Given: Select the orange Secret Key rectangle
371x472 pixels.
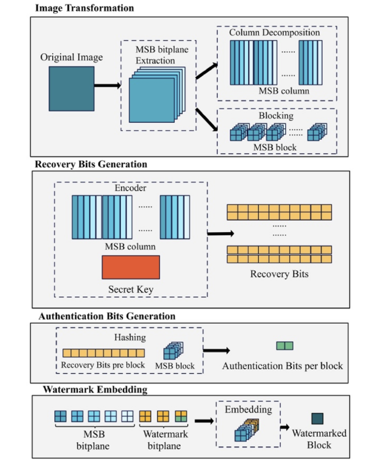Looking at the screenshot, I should [x=130, y=268].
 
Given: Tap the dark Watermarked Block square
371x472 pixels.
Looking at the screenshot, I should [x=317, y=419].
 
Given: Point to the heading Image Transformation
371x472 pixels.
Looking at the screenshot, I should [x=85, y=8].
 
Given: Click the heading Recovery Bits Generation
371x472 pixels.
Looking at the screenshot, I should [x=91, y=165].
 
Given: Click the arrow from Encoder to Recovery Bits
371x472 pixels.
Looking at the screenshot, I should [x=220, y=233].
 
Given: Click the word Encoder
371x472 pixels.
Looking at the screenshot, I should [x=131, y=188].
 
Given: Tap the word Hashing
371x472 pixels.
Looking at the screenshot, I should [x=129, y=337].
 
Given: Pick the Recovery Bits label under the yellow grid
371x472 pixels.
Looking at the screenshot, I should [x=279, y=274].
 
